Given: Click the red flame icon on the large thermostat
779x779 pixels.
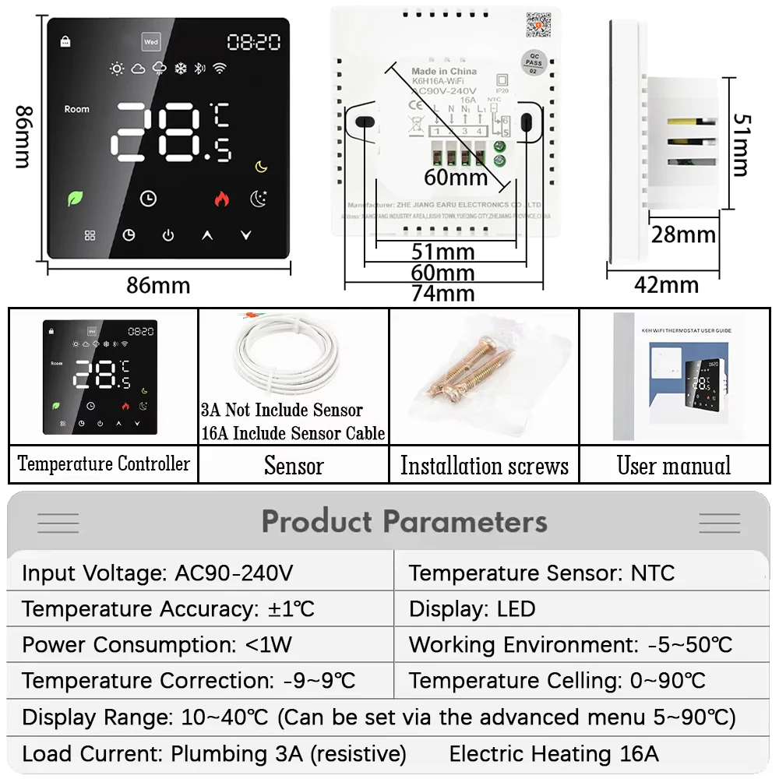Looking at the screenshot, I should (222, 199).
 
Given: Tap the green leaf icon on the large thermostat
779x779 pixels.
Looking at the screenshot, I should (76, 198).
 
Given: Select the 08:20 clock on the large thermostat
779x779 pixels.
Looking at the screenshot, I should (253, 42).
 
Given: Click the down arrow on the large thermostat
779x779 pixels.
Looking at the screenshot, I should (246, 234).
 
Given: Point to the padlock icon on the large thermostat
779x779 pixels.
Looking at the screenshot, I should (64, 41).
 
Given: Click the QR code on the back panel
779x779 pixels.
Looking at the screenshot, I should (538, 24).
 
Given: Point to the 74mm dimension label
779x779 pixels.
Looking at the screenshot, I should (443, 293).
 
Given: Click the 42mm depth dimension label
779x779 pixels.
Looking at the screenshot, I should (666, 285).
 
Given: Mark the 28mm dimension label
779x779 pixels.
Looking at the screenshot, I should (683, 234).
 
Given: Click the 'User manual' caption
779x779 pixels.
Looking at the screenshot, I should (674, 466).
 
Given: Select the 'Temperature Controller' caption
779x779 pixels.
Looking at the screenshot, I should (104, 464).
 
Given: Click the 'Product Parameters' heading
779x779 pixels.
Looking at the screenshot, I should (404, 521).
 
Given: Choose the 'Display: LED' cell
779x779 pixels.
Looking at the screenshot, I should (472, 609).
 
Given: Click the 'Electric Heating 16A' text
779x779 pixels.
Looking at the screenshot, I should (553, 753).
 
